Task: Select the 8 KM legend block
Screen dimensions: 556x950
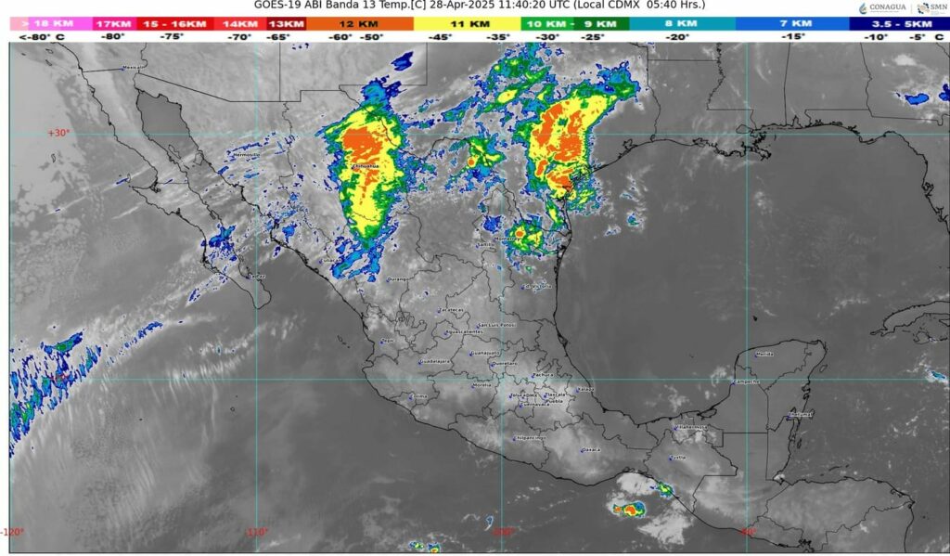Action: (681, 22)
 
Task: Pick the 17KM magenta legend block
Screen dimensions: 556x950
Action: (113, 22)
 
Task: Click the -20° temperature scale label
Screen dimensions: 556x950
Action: (680, 36)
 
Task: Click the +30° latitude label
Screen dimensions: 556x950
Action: (58, 133)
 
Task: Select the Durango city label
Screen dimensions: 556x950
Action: (398, 278)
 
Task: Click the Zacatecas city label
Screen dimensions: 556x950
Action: (451, 310)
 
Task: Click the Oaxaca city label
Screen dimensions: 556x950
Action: (591, 449)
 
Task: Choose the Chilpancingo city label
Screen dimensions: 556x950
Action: (532, 437)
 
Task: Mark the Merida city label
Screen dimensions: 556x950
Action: (764, 354)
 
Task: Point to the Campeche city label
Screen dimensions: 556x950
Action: (746, 381)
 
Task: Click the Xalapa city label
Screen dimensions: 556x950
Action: (584, 389)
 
